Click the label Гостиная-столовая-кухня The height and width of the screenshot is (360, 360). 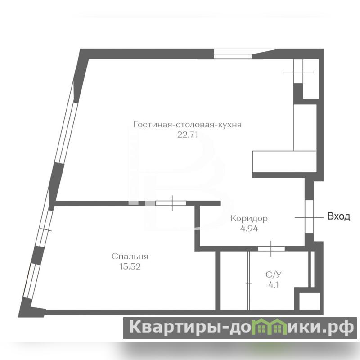(x=188, y=125)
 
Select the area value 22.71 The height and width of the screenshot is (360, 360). (x=187, y=135)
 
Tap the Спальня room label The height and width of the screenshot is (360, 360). (x=130, y=256)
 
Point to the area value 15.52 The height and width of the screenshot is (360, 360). (x=130, y=266)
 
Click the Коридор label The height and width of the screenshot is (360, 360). (x=249, y=219)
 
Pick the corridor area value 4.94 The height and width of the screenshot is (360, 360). (x=249, y=229)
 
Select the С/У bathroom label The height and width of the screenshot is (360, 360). (x=274, y=274)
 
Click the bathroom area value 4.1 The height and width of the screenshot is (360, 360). (x=274, y=285)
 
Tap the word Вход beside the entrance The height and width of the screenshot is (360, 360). (x=339, y=216)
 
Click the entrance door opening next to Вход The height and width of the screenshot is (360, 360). (x=309, y=217)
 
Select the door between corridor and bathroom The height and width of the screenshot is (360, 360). (x=271, y=249)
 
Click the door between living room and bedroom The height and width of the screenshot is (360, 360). (x=171, y=203)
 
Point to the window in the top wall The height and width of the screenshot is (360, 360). (x=233, y=54)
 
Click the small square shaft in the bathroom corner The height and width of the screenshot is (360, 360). (x=310, y=301)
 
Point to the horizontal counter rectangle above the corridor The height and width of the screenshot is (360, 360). (x=284, y=162)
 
